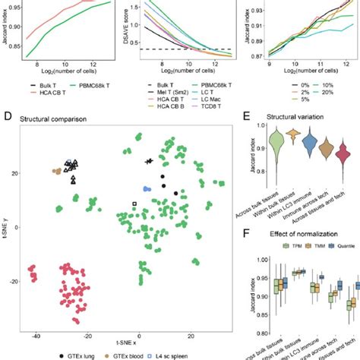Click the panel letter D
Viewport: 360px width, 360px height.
7,118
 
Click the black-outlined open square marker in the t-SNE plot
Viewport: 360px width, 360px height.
134,204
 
